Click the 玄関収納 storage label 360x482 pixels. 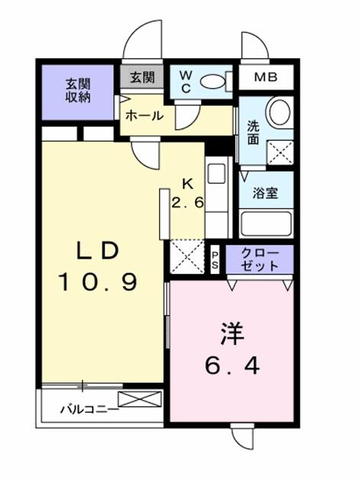pos(78,91)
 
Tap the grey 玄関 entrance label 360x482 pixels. pos(142,77)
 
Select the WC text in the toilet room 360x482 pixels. pos(186,81)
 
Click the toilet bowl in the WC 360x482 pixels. pos(212,82)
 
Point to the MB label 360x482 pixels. pos(266,77)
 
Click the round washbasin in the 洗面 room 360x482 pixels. pos(279,111)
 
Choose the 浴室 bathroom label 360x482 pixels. pos(265,193)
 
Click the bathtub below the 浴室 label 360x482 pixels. pos(266,223)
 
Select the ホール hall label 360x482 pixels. pos(144,116)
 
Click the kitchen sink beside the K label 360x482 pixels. pos(216,174)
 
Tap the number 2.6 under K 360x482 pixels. pos(187,203)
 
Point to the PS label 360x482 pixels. pos(215,260)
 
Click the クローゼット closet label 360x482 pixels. pos(260,259)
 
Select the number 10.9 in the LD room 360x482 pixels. pos(99,282)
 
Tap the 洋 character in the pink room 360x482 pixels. pos(232,334)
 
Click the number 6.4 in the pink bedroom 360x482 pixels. pos(232,365)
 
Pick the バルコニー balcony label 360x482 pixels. pos(89,409)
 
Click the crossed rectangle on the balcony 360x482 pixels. pos(140,399)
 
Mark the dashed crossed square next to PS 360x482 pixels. pos(187,256)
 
